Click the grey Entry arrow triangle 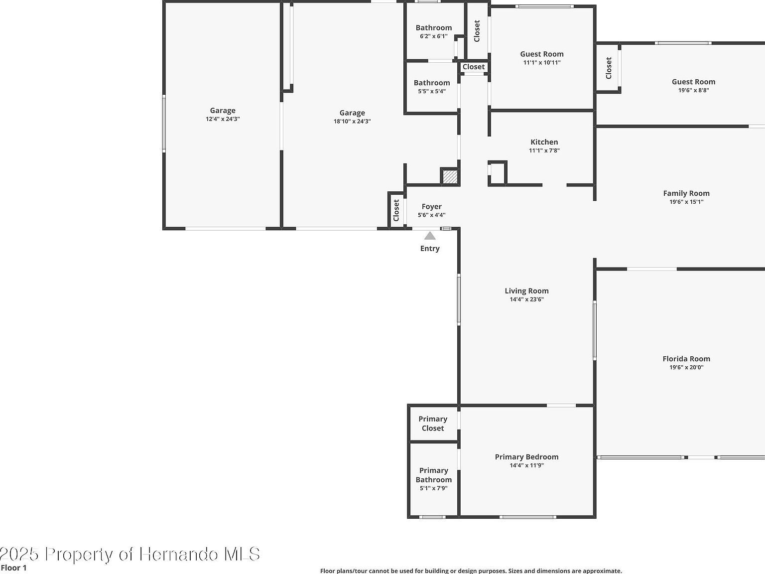click(x=430, y=236)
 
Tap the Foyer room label click(x=431, y=206)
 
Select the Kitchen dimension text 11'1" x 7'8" click(x=544, y=150)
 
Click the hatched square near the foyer click(x=450, y=177)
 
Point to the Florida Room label click(x=686, y=359)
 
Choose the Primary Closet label click(x=432, y=424)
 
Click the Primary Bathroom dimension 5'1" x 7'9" click(x=433, y=488)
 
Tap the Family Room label click(x=686, y=193)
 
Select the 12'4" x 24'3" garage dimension click(x=223, y=119)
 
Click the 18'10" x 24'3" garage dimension click(x=352, y=121)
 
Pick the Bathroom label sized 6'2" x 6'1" click(x=433, y=28)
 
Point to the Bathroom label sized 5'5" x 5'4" click(x=431, y=83)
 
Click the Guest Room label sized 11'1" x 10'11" click(x=541, y=54)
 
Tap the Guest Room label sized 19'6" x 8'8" click(x=693, y=82)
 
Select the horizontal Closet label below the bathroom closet click(x=473, y=67)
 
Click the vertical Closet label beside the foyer click(x=396, y=210)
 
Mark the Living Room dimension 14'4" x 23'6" click(x=526, y=299)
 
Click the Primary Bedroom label click(x=526, y=457)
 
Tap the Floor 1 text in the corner click(x=14, y=568)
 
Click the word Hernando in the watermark click(x=178, y=554)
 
